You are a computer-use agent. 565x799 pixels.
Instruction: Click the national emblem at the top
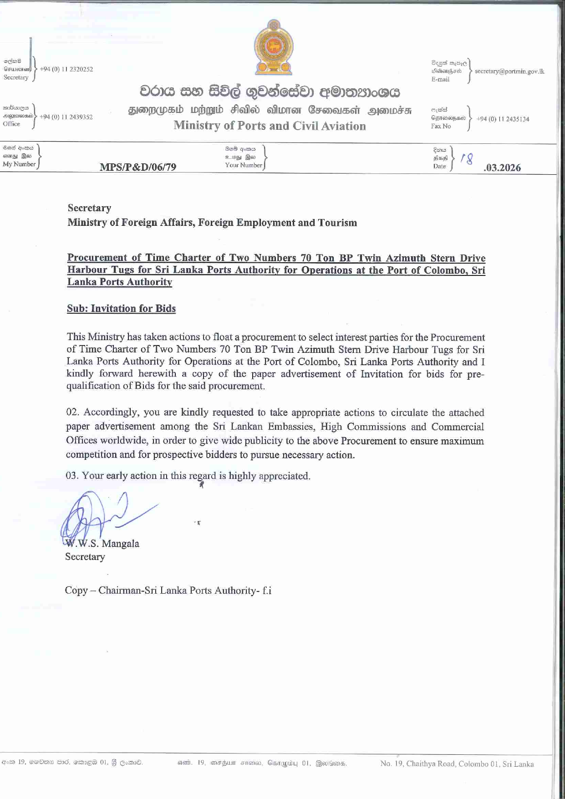click(x=273, y=48)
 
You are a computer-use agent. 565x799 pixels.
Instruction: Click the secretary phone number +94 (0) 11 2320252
click(x=66, y=69)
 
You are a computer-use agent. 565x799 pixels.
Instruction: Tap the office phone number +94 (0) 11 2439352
click(x=66, y=117)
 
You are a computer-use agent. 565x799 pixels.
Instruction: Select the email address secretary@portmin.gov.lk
click(x=509, y=71)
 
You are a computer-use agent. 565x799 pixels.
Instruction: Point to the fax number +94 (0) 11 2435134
click(x=503, y=119)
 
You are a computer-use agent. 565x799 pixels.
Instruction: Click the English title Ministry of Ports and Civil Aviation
click(x=270, y=126)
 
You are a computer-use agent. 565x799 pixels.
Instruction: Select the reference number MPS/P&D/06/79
click(x=138, y=167)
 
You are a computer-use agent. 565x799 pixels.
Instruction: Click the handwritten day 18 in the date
click(x=467, y=158)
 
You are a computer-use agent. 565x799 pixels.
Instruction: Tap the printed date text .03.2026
click(x=502, y=168)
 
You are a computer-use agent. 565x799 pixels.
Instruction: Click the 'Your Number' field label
click(x=244, y=165)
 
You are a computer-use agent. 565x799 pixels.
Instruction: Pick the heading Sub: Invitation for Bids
click(x=121, y=309)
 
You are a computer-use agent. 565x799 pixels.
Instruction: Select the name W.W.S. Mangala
click(x=103, y=544)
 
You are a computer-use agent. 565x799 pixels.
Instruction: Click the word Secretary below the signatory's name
click(x=85, y=557)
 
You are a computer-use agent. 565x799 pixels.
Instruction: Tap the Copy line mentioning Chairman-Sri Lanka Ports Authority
click(x=168, y=590)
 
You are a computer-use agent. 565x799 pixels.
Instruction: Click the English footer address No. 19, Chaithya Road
click(x=457, y=764)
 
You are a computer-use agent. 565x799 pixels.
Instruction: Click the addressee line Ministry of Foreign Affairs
click(x=212, y=223)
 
